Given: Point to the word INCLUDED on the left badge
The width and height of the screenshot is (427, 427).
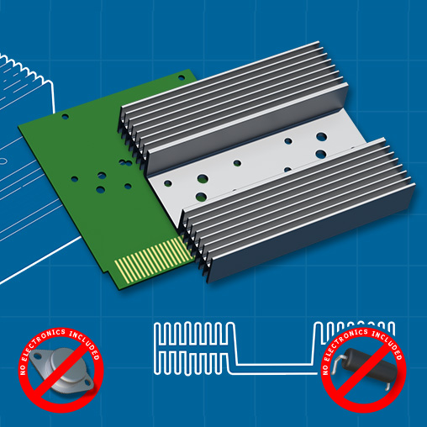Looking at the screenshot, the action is click(x=86, y=343).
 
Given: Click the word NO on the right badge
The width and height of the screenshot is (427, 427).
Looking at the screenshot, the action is click(x=325, y=370).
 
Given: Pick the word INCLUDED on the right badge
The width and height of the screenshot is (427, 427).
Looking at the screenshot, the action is click(x=389, y=343).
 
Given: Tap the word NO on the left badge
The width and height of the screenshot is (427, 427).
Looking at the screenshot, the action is click(x=23, y=370).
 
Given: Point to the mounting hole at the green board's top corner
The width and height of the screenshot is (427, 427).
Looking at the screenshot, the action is click(x=182, y=77).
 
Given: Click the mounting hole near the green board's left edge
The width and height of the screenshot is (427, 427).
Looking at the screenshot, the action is click(x=65, y=116).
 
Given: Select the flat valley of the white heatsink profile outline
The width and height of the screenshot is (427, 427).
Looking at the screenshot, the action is click(x=275, y=364).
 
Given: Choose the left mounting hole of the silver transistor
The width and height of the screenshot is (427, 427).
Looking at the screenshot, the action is click(x=37, y=356).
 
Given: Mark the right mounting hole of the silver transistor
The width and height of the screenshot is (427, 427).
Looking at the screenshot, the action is click(x=87, y=382).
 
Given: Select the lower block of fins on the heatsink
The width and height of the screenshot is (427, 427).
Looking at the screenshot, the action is click(x=297, y=210).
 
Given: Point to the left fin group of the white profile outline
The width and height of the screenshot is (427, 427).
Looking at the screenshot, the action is click(x=193, y=348).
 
